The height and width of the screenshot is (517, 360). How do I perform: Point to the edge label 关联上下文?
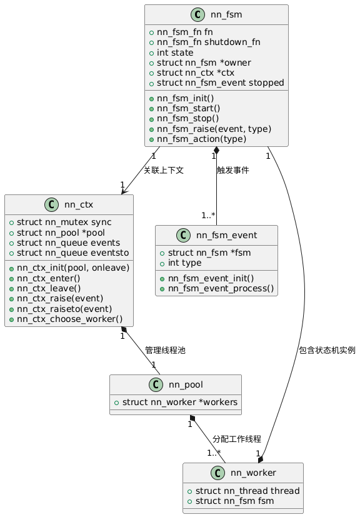[163, 170]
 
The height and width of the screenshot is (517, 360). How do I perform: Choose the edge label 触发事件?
[232, 170]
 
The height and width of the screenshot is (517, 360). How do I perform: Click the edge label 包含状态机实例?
[327, 350]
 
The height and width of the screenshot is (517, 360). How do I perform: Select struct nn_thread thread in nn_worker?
[247, 490]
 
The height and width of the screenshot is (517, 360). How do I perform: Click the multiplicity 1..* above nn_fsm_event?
[208, 216]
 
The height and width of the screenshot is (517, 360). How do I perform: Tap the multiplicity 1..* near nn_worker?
[214, 453]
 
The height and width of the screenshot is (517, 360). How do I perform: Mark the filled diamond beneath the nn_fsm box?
[216, 151]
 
